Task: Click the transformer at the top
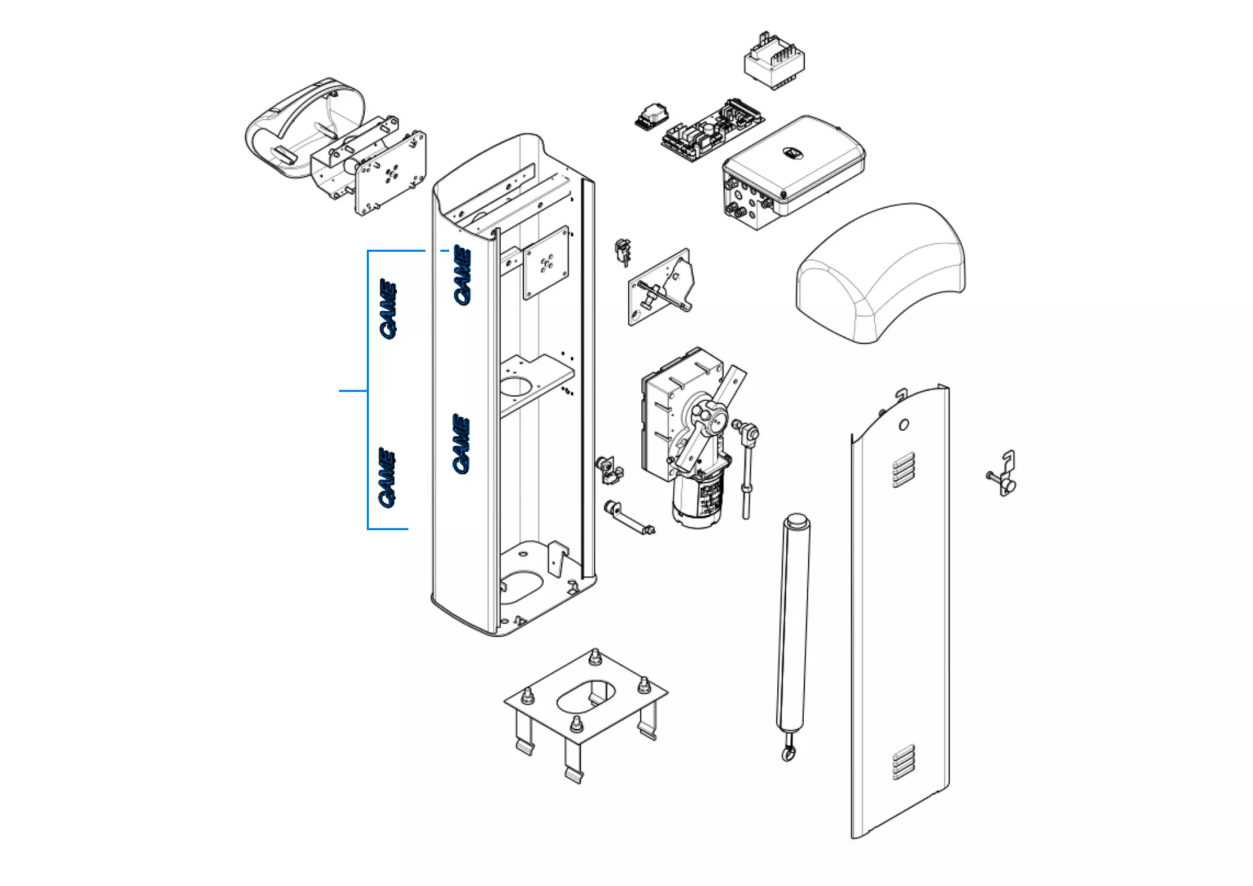pos(775,62)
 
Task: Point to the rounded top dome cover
pos(882,272)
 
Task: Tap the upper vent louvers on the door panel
pos(902,470)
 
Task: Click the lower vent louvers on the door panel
pos(904,761)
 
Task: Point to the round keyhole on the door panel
pos(903,425)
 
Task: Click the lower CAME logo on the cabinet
pos(461,444)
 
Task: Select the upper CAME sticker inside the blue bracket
pos(388,308)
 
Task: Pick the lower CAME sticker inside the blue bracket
pos(387,477)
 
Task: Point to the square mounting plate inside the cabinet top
pos(546,263)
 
